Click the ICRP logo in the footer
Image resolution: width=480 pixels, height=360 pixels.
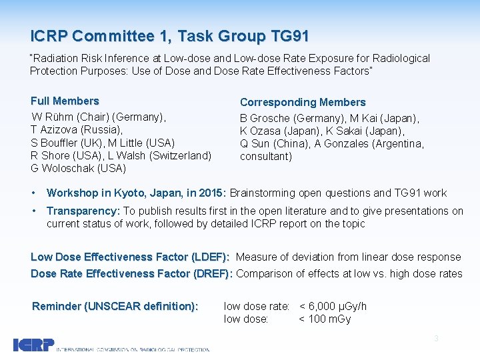click(x=33, y=345)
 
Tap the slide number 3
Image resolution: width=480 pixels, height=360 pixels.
click(x=436, y=339)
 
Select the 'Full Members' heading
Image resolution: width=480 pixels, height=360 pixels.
click(x=65, y=101)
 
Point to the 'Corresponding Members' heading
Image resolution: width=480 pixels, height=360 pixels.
click(x=303, y=103)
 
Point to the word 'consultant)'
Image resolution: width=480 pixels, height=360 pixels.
click(x=265, y=157)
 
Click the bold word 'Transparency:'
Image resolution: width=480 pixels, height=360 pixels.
click(x=83, y=211)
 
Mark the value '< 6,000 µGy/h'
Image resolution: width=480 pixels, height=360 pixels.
click(x=333, y=307)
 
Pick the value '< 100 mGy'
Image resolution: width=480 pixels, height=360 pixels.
click(x=325, y=319)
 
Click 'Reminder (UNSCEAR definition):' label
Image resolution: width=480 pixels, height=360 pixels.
click(x=115, y=307)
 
